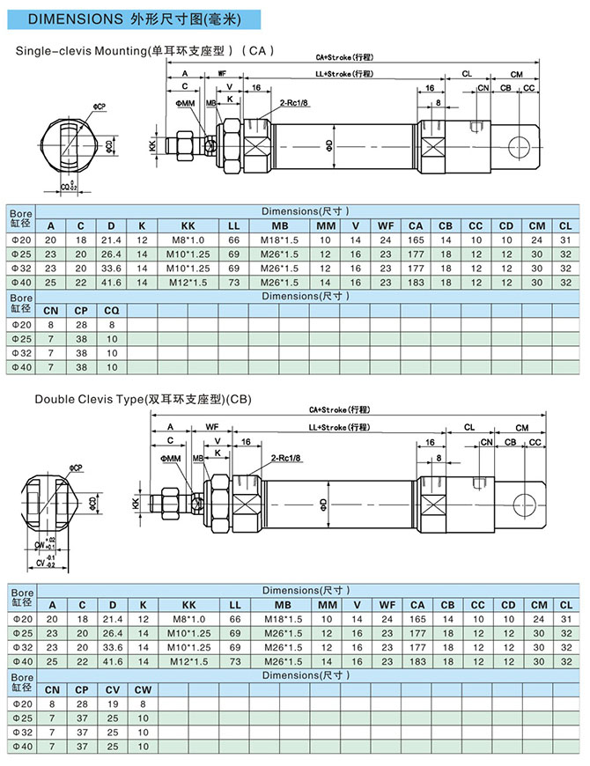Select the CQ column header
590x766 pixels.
coord(112,311)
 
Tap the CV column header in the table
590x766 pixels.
coord(112,690)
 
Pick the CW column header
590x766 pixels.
coord(142,690)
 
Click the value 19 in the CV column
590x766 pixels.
coord(112,704)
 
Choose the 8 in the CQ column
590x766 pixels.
coord(112,325)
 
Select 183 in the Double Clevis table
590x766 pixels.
coord(417,661)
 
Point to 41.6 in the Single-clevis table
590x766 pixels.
coord(111,282)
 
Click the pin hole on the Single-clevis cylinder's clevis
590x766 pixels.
coord(526,145)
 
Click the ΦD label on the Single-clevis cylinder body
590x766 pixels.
coord(328,144)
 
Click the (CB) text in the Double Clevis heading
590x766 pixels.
coord(239,399)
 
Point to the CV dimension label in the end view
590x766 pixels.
coord(40,560)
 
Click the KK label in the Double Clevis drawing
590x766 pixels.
coord(136,503)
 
